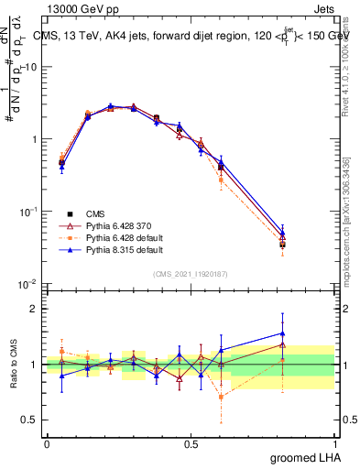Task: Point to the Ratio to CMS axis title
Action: tap(13, 364)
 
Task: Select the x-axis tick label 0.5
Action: tap(191, 443)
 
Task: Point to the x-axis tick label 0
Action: tap(47, 443)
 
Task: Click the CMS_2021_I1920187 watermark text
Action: tap(190, 273)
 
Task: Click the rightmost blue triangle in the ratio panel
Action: tap(282, 333)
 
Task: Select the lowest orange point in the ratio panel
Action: tap(221, 397)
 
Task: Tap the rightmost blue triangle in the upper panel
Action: tap(282, 234)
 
